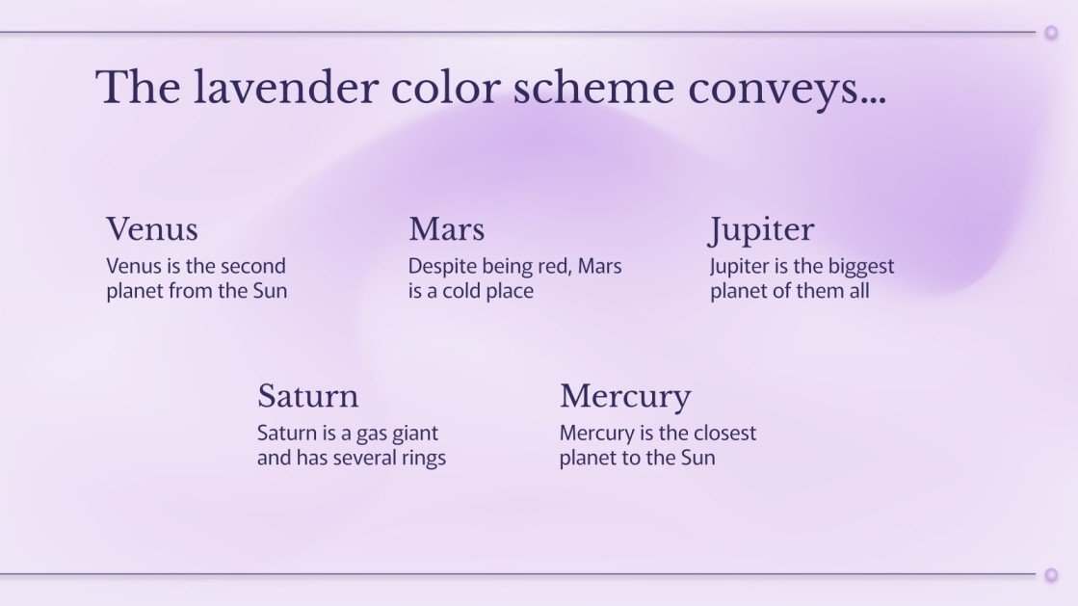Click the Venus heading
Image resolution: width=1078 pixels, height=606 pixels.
(152, 229)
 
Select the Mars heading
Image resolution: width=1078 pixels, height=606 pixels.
(446, 229)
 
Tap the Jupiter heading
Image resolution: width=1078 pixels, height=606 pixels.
(762, 230)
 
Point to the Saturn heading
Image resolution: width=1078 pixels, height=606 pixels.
(307, 396)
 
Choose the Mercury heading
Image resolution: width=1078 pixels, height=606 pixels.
(625, 397)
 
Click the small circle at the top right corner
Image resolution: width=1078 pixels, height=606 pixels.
(1051, 33)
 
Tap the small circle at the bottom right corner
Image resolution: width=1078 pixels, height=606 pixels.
(1051, 575)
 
